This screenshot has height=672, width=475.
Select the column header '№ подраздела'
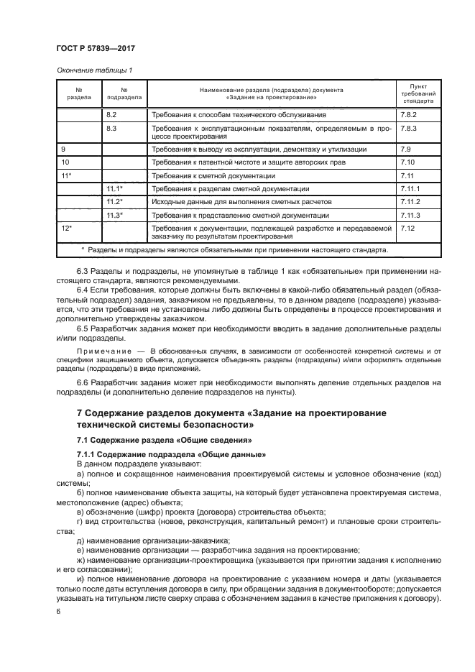tap(124, 93)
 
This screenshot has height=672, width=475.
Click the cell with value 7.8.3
tap(409, 127)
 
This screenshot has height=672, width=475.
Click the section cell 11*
tap(67, 175)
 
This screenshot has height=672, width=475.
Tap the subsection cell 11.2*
tap(115, 201)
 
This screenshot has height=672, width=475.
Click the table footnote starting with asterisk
tap(234, 250)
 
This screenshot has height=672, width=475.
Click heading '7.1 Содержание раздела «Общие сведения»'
tap(166, 440)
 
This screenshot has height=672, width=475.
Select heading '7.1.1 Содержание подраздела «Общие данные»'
tap(171, 455)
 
